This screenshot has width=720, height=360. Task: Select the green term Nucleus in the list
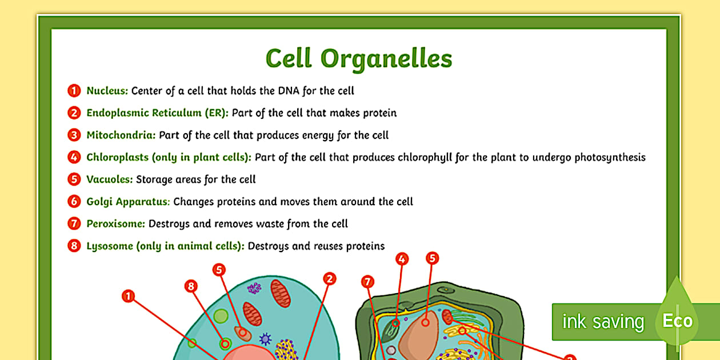(x=107, y=90)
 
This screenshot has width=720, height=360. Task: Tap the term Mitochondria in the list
(x=121, y=135)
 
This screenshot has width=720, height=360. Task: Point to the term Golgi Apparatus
(x=128, y=201)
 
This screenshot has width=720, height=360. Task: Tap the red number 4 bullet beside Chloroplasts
(x=74, y=157)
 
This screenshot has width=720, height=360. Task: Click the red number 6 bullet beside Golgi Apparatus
(x=74, y=201)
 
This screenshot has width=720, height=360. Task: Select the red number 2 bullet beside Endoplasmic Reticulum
(x=74, y=113)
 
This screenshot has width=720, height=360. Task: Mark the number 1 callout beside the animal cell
(x=129, y=296)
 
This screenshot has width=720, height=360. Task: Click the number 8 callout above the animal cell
(x=191, y=286)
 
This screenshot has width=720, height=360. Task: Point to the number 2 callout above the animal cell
(x=329, y=278)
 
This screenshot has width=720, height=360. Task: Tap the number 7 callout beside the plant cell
(x=368, y=281)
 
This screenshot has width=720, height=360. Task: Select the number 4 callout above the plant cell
(x=402, y=259)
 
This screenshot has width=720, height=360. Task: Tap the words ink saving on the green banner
(x=603, y=322)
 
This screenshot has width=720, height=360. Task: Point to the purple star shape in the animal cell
(x=265, y=339)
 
